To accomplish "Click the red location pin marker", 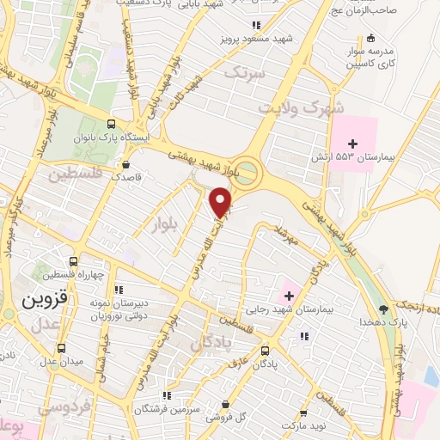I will click(221, 201).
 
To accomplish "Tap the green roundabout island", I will click(247, 172).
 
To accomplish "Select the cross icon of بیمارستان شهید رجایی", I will click(290, 296).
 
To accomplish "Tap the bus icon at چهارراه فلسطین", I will click(74, 262).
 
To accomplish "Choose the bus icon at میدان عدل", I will click(61, 349).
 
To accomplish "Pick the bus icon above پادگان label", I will click(265, 351).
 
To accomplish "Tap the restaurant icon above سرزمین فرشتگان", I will click(168, 396).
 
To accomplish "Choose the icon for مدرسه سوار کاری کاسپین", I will click(370, 38).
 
